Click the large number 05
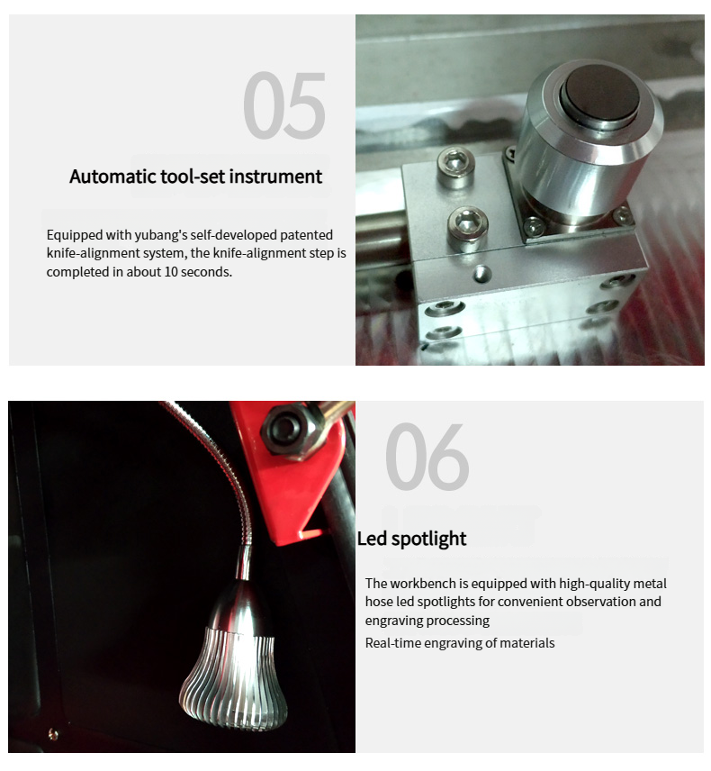(x=284, y=104)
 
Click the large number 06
(x=427, y=457)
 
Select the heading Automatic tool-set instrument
(x=195, y=177)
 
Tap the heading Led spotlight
(x=411, y=539)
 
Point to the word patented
(x=307, y=235)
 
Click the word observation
(x=600, y=602)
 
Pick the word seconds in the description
(x=206, y=272)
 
